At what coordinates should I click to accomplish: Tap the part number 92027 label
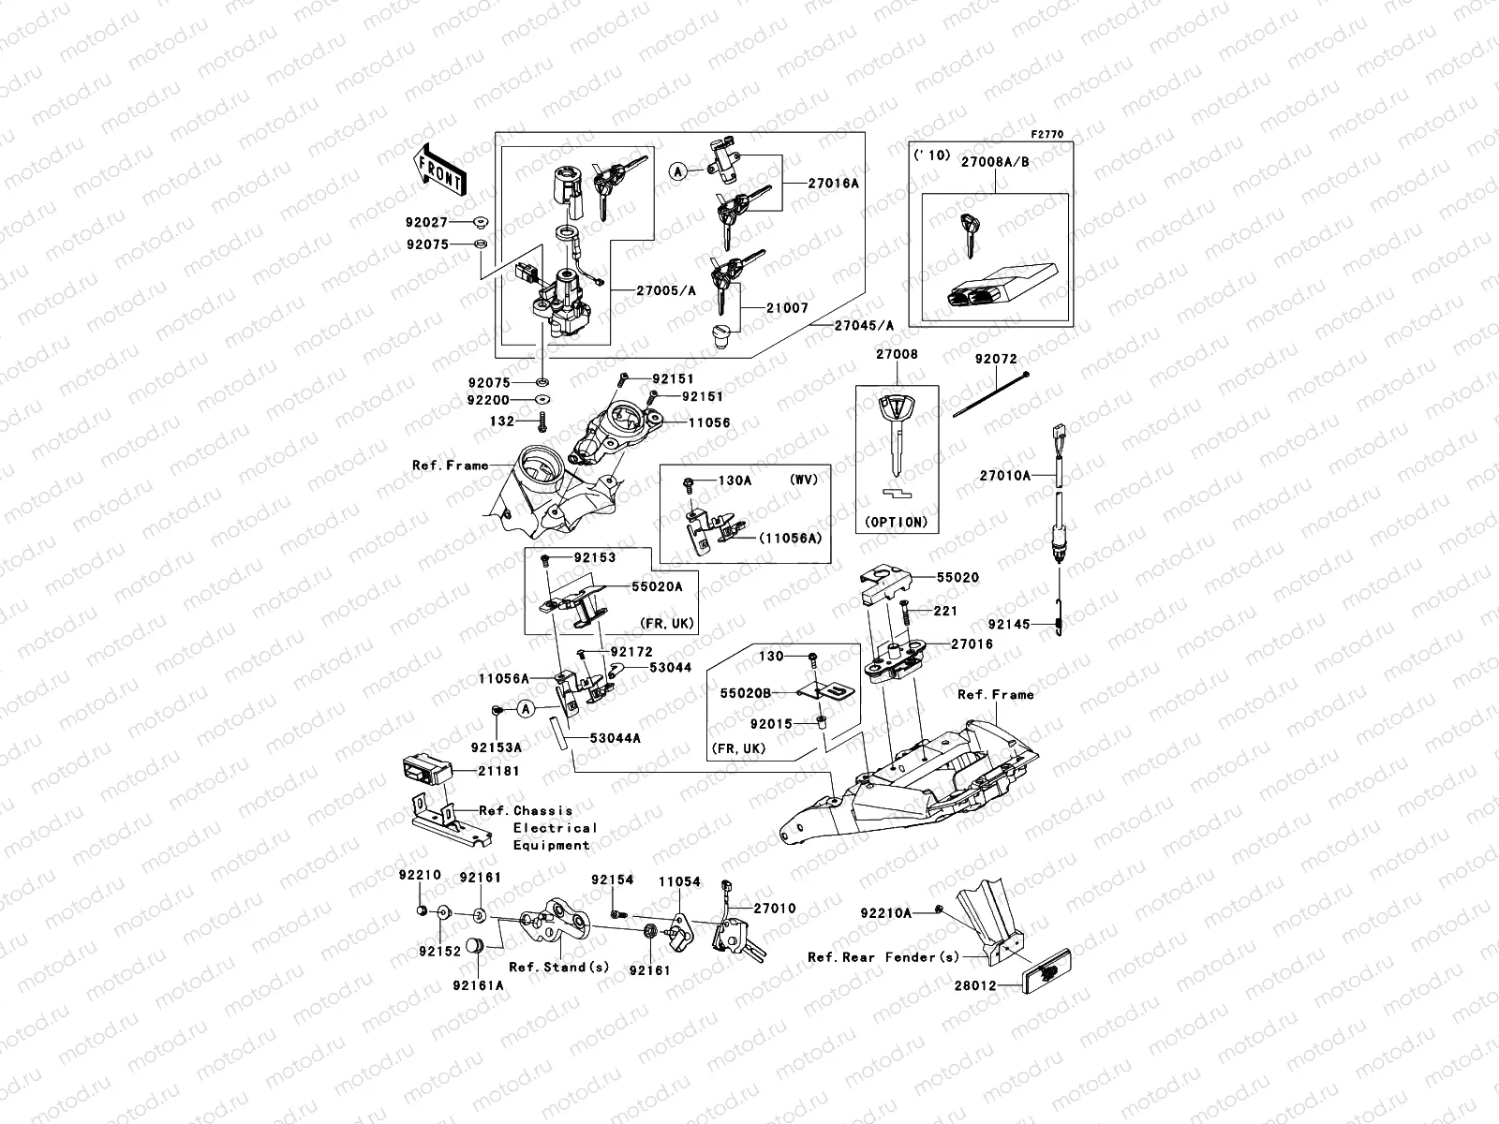427,223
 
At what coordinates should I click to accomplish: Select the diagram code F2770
1049,135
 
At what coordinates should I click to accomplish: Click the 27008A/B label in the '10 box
994,162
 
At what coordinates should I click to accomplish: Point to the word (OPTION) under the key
897,523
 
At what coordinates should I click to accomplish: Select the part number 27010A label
1004,476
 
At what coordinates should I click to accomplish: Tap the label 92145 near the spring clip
1009,624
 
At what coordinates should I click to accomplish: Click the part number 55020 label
957,578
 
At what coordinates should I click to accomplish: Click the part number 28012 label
975,986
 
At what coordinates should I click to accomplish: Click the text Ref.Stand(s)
547,967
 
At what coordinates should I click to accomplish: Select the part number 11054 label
678,882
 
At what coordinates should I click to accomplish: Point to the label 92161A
478,985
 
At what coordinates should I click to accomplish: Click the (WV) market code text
803,480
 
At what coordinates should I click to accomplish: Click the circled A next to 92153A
527,709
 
